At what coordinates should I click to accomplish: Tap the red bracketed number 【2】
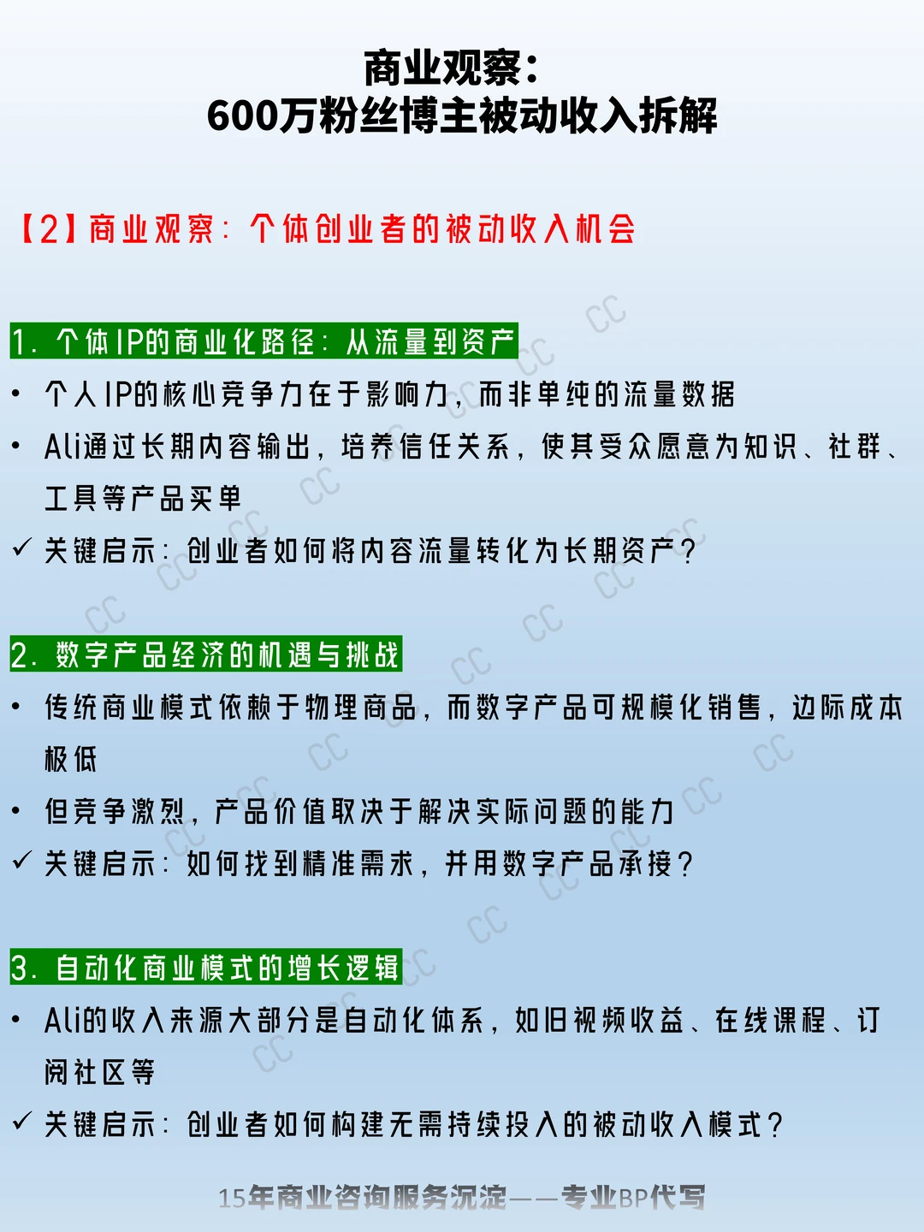[x=49, y=229]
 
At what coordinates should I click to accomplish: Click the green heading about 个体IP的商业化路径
[x=264, y=341]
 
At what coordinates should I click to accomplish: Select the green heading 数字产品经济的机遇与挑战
[x=206, y=654]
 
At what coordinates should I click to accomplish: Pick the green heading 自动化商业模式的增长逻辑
[x=206, y=967]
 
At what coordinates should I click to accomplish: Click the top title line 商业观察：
[x=452, y=68]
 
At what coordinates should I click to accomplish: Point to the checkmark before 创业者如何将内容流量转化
[x=22, y=547]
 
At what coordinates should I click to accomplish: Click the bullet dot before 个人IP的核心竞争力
[x=15, y=394]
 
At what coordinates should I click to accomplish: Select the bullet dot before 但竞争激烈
[x=15, y=810]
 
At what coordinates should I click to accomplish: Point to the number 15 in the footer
[x=233, y=1198]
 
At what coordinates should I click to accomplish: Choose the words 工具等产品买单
[x=143, y=499]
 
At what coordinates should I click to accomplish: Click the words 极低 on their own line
[x=71, y=759]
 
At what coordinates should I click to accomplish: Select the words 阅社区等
[x=100, y=1071]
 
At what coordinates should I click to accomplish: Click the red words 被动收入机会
[x=541, y=229]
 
